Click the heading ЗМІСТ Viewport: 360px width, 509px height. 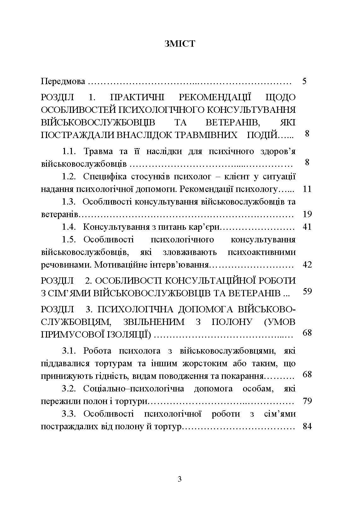click(x=180, y=43)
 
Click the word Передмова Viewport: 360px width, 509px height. click(x=63, y=82)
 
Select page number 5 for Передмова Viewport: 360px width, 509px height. click(x=304, y=81)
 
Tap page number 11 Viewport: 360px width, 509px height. click(x=307, y=189)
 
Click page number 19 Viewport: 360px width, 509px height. click(x=307, y=214)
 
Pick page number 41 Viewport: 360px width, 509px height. click(x=307, y=227)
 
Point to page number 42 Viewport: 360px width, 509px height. click(x=307, y=265)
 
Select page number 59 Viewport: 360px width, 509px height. click(x=307, y=291)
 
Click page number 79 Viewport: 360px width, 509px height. click(x=307, y=401)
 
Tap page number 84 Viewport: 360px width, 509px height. click(x=307, y=427)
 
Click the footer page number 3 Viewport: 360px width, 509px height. click(x=180, y=480)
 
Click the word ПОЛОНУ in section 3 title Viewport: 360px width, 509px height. click(x=232, y=322)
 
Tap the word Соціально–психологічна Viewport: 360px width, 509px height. click(x=134, y=389)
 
